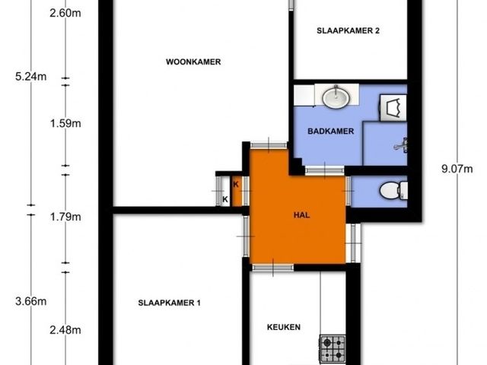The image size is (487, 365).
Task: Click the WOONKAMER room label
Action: [193, 62]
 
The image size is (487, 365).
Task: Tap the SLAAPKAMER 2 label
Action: [348, 30]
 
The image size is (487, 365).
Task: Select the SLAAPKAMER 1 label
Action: [169, 303]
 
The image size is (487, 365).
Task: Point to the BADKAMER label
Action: [330, 131]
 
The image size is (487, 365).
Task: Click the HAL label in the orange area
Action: [301, 215]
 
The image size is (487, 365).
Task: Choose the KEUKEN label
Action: [284, 327]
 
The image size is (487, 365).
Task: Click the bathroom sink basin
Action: [336, 97]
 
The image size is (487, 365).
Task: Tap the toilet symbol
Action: [393, 190]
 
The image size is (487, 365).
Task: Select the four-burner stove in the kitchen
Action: [333, 349]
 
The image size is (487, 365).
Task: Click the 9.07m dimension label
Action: [457, 169]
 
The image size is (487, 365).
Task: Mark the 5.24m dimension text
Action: [31, 76]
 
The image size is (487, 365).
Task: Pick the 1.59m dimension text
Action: [65, 123]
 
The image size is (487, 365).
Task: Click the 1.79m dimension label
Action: [65, 217]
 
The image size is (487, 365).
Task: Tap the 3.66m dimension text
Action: [31, 301]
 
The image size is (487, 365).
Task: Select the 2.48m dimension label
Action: [65, 330]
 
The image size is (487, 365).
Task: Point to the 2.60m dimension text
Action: [65, 14]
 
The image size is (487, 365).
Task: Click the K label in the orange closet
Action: [236, 184]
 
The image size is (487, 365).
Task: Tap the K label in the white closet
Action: [225, 199]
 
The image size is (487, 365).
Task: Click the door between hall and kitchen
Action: [272, 267]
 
